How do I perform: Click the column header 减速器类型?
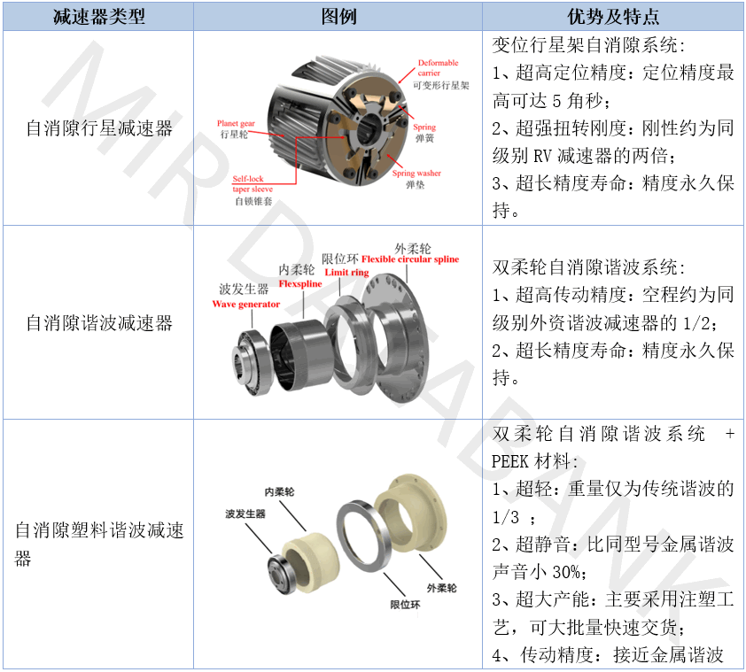click(98, 17)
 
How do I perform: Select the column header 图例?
click(338, 17)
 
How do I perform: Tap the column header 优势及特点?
click(613, 17)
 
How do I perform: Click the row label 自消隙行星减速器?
click(99, 128)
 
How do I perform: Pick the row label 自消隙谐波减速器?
click(99, 323)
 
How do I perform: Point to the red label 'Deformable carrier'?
click(438, 67)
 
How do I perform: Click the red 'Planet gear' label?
click(236, 124)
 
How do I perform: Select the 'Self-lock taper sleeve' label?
click(253, 184)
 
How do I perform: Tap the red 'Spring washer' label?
click(416, 174)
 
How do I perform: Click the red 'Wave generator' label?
click(246, 305)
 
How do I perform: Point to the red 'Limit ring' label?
click(346, 273)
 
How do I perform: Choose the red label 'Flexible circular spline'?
click(410, 259)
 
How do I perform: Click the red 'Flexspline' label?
click(300, 284)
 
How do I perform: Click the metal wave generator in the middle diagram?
click(253, 361)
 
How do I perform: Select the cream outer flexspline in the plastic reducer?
click(410, 514)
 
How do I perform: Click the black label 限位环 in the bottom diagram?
click(405, 605)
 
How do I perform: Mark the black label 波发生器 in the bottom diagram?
click(245, 514)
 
